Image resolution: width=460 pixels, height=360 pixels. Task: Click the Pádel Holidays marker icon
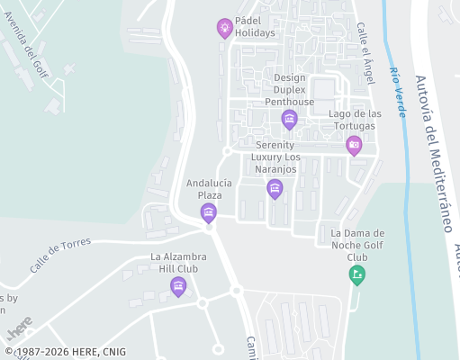click(x=224, y=28)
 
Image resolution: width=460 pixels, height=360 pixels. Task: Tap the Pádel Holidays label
click(x=255, y=26)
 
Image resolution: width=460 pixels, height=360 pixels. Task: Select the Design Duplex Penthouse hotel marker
click(x=289, y=119)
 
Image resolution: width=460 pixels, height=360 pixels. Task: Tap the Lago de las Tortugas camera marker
click(x=354, y=144)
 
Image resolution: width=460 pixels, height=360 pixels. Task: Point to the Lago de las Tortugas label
click(x=356, y=120)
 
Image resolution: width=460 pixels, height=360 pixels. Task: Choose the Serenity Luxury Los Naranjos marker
click(x=275, y=188)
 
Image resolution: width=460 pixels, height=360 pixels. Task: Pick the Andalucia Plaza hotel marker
click(x=209, y=212)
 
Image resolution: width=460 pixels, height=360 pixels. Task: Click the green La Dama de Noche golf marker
click(x=357, y=274)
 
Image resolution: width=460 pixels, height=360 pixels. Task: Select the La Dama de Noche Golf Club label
click(x=357, y=245)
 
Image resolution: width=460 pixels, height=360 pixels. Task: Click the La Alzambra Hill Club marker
click(x=178, y=286)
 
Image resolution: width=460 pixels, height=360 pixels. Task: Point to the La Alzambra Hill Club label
click(x=179, y=263)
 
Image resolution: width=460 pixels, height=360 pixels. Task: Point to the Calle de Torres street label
click(x=62, y=256)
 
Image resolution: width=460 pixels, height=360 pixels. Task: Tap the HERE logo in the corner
click(x=20, y=323)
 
